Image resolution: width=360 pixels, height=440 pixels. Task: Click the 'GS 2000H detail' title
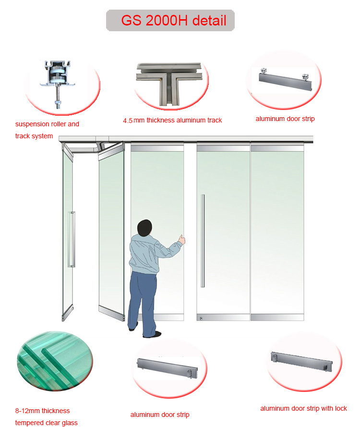point(170,21)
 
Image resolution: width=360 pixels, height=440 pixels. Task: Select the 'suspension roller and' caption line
point(47,124)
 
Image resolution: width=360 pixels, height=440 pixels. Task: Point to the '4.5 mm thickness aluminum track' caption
point(172,120)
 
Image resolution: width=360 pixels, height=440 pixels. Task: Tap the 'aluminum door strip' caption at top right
point(285,119)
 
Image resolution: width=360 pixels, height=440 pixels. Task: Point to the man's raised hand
point(181,239)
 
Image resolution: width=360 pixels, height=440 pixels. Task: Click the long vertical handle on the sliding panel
point(203,240)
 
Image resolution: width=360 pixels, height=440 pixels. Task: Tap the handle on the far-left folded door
point(72,239)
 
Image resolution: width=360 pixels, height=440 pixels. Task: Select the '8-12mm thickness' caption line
point(42,411)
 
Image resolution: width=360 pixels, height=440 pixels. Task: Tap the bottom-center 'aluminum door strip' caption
point(160,415)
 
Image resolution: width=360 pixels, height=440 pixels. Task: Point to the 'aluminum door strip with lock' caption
point(303,408)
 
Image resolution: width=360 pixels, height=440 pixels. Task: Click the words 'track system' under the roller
point(34,136)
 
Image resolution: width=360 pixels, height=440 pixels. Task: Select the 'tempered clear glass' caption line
point(46,423)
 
